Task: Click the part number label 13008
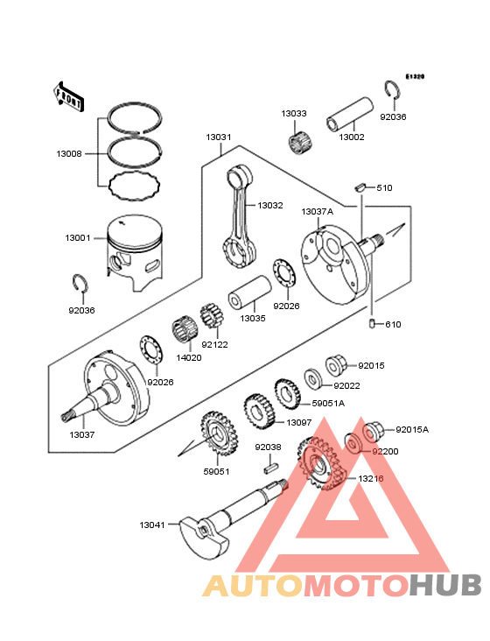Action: pyautogui.click(x=69, y=153)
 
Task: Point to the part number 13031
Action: pyautogui.click(x=219, y=137)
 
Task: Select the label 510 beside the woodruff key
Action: pyautogui.click(x=385, y=188)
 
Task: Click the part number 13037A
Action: pyautogui.click(x=316, y=212)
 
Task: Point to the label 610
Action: pyautogui.click(x=392, y=324)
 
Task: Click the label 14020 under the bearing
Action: pyautogui.click(x=187, y=357)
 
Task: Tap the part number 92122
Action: pyautogui.click(x=214, y=344)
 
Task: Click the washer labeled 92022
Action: pyautogui.click(x=311, y=380)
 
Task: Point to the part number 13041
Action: pyautogui.click(x=151, y=525)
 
